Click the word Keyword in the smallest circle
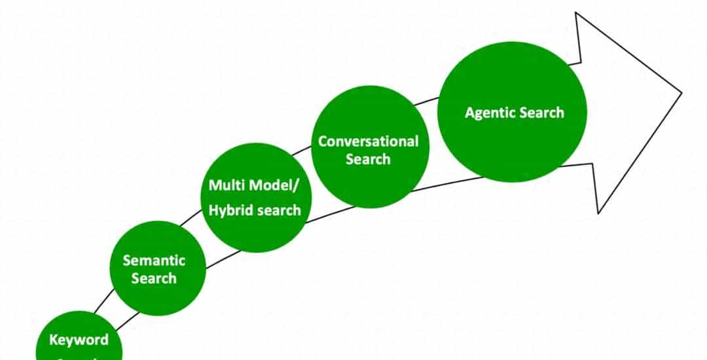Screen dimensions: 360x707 point(79,340)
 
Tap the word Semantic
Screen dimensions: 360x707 point(154,261)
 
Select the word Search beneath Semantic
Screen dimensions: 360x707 point(154,278)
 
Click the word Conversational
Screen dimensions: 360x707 point(368,141)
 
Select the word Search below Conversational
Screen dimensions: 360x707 point(368,159)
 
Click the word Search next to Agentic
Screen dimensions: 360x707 point(541,113)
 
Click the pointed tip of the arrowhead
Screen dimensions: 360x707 point(681,93)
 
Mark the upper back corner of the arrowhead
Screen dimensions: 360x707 point(576,13)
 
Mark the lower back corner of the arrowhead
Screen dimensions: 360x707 point(598,213)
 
